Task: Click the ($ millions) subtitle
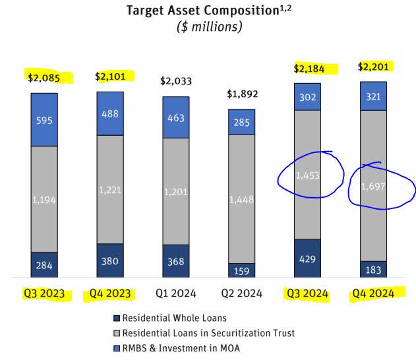pos(208,26)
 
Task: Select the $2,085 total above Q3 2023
pos(44,78)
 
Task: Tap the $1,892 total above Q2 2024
pos(241,93)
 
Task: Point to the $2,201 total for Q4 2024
pos(373,67)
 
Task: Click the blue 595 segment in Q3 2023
pos(44,119)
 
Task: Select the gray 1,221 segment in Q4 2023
pos(109,189)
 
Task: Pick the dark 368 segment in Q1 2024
pos(175,261)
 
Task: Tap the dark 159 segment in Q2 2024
pos(241,270)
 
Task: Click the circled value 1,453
pos(307,175)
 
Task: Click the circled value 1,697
pos(373,187)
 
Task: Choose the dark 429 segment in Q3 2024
pos(307,258)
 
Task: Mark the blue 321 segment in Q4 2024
pos(373,96)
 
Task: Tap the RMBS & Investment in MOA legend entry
pos(191,348)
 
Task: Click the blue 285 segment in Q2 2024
pos(241,121)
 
